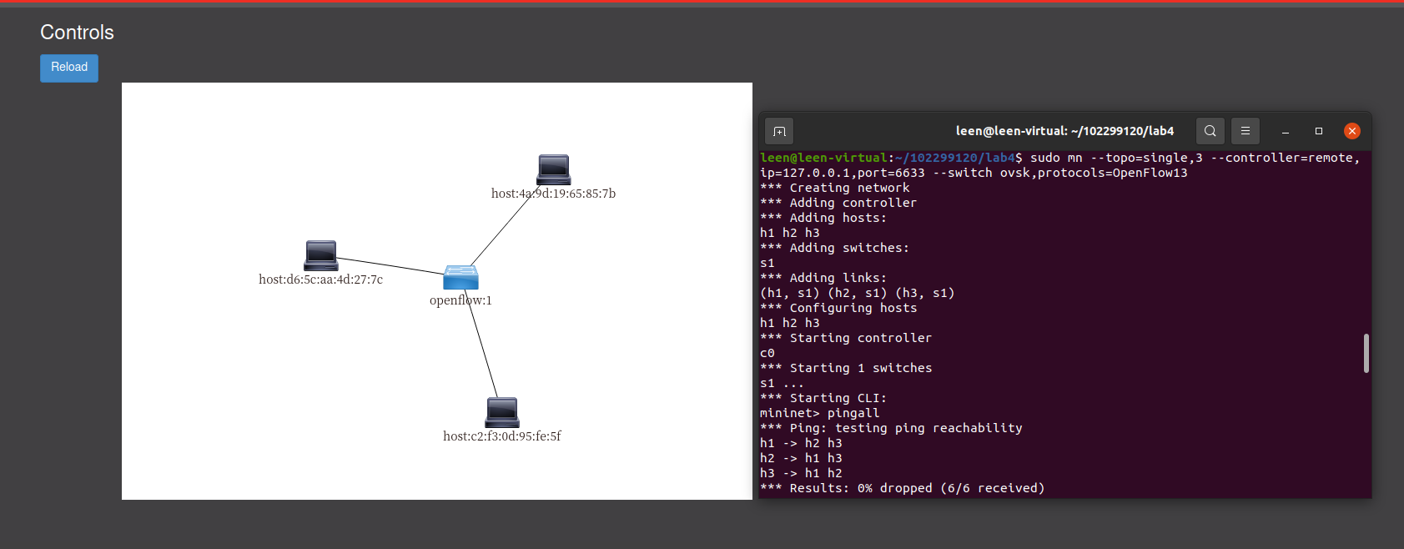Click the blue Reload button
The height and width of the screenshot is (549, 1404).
pyautogui.click(x=69, y=68)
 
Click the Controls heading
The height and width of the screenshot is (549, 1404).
pyautogui.click(x=77, y=33)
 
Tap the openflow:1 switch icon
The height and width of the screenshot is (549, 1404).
pyautogui.click(x=460, y=277)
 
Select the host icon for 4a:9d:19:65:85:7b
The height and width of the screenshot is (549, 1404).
pyautogui.click(x=554, y=169)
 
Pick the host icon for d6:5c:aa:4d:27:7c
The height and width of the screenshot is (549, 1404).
pyautogui.click(x=321, y=255)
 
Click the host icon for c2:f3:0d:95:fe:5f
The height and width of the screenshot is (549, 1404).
pyautogui.click(x=502, y=412)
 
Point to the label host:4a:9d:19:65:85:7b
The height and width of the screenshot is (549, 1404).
pyautogui.click(x=553, y=194)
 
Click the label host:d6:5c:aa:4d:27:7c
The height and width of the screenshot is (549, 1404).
pyautogui.click(x=320, y=280)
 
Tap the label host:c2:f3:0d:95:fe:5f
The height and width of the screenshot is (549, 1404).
pyautogui.click(x=501, y=436)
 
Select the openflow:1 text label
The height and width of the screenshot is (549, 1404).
pyautogui.click(x=460, y=300)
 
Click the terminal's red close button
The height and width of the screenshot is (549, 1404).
pyautogui.click(x=1352, y=131)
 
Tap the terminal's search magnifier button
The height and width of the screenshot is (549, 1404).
pyautogui.click(x=1210, y=131)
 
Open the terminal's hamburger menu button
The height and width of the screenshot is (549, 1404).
pyautogui.click(x=1245, y=131)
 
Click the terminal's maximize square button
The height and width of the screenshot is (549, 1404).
pyautogui.click(x=1319, y=131)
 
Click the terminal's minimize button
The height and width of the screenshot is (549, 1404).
pyautogui.click(x=1286, y=131)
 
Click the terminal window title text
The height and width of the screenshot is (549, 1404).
pyautogui.click(x=1064, y=131)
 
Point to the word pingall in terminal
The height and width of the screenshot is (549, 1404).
pyautogui.click(x=853, y=413)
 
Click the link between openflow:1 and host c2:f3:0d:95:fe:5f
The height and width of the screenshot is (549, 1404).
pyautogui.click(x=484, y=350)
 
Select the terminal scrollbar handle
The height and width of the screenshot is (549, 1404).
pyautogui.click(x=1366, y=353)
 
